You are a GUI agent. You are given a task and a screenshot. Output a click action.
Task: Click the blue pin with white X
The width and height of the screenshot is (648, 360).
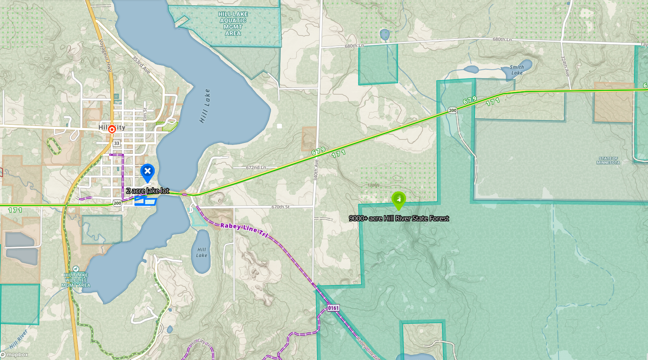click(148, 172)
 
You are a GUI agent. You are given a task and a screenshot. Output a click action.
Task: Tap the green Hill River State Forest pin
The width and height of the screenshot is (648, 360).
click(399, 199)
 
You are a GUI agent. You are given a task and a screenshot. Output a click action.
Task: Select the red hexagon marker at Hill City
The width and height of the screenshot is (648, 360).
click(112, 129)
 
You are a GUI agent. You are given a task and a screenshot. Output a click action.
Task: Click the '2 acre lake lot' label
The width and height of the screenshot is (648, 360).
click(148, 191)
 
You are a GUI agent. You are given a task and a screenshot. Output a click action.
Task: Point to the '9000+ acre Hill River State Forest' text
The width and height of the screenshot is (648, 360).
click(399, 218)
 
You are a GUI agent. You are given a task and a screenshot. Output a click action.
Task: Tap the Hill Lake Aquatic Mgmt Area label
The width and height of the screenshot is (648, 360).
click(233, 24)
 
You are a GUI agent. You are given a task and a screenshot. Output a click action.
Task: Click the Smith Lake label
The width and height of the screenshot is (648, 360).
click(517, 70)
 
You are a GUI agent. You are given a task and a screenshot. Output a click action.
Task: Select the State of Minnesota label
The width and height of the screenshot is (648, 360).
click(608, 161)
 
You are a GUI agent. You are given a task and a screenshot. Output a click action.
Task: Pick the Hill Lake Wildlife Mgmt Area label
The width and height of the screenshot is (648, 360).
click(76, 280)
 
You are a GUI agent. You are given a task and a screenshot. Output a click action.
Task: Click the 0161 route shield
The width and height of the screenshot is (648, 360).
click(333, 308)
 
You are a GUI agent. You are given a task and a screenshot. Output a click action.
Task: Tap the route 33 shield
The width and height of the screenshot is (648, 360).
click(117, 143)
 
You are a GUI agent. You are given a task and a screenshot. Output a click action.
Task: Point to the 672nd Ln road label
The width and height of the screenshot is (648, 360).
click(256, 168)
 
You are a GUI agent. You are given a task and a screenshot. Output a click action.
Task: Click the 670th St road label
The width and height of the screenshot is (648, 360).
click(280, 207)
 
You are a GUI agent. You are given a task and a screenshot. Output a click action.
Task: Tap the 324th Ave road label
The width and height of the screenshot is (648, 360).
click(565, 66)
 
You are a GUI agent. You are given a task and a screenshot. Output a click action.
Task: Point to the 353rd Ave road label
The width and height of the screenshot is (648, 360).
click(141, 65)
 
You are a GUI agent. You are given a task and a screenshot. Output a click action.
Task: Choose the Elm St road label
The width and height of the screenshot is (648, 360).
click(145, 114)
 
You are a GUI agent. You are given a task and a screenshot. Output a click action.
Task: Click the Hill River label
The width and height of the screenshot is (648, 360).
click(19, 338)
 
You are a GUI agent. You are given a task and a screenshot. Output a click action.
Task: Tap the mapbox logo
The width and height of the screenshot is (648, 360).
click(15, 355)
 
